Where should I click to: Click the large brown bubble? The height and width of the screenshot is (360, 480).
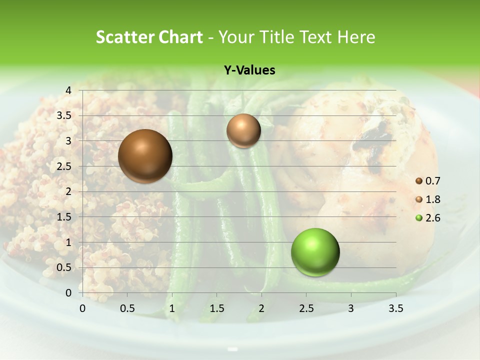pos(145,156)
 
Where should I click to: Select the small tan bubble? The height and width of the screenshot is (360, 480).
pos(243,130)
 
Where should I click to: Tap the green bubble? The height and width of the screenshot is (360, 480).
pos(315,252)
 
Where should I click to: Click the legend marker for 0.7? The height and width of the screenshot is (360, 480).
pos(419,181)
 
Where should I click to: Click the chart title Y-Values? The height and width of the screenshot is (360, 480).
pos(249,70)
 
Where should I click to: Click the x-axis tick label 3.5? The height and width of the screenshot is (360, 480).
pos(395,308)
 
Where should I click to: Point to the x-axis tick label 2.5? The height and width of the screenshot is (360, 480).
pos(306,308)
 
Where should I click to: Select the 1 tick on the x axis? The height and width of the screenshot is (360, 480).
pos(172,308)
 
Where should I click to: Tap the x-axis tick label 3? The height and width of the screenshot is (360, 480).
pos(351,308)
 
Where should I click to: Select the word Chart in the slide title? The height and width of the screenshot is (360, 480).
pos(180,37)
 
